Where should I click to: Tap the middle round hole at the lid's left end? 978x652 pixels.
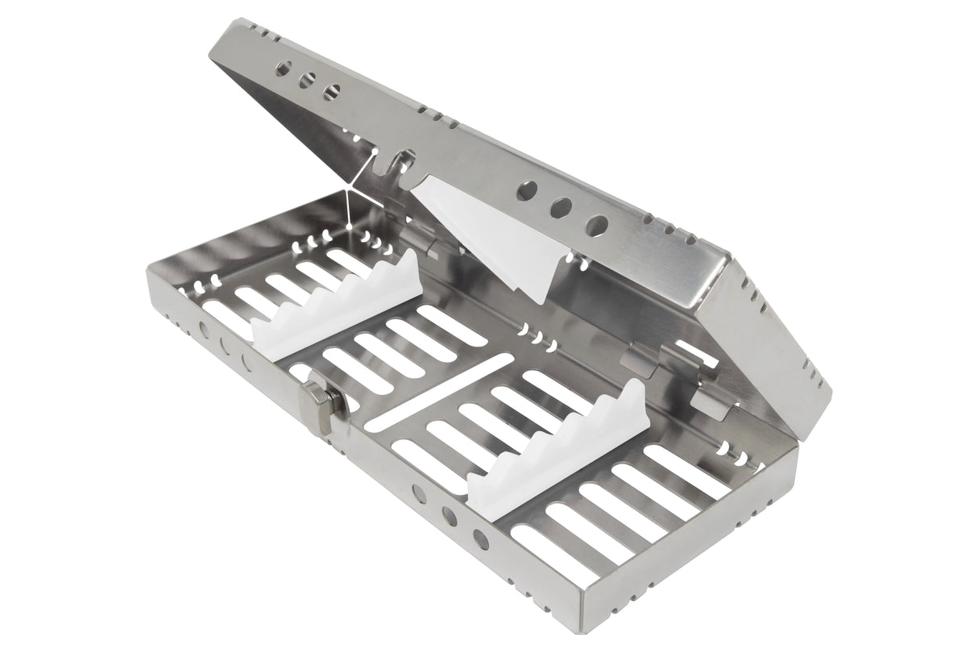point(307,81)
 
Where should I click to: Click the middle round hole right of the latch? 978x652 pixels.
point(450,516)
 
